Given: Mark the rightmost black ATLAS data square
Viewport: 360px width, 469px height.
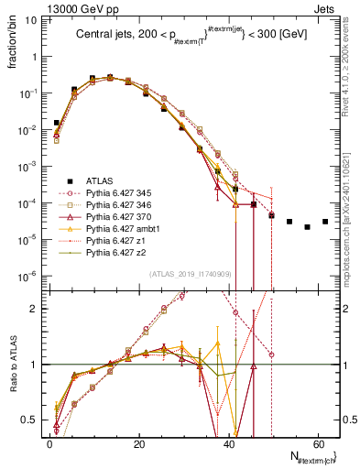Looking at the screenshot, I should point(325,222).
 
